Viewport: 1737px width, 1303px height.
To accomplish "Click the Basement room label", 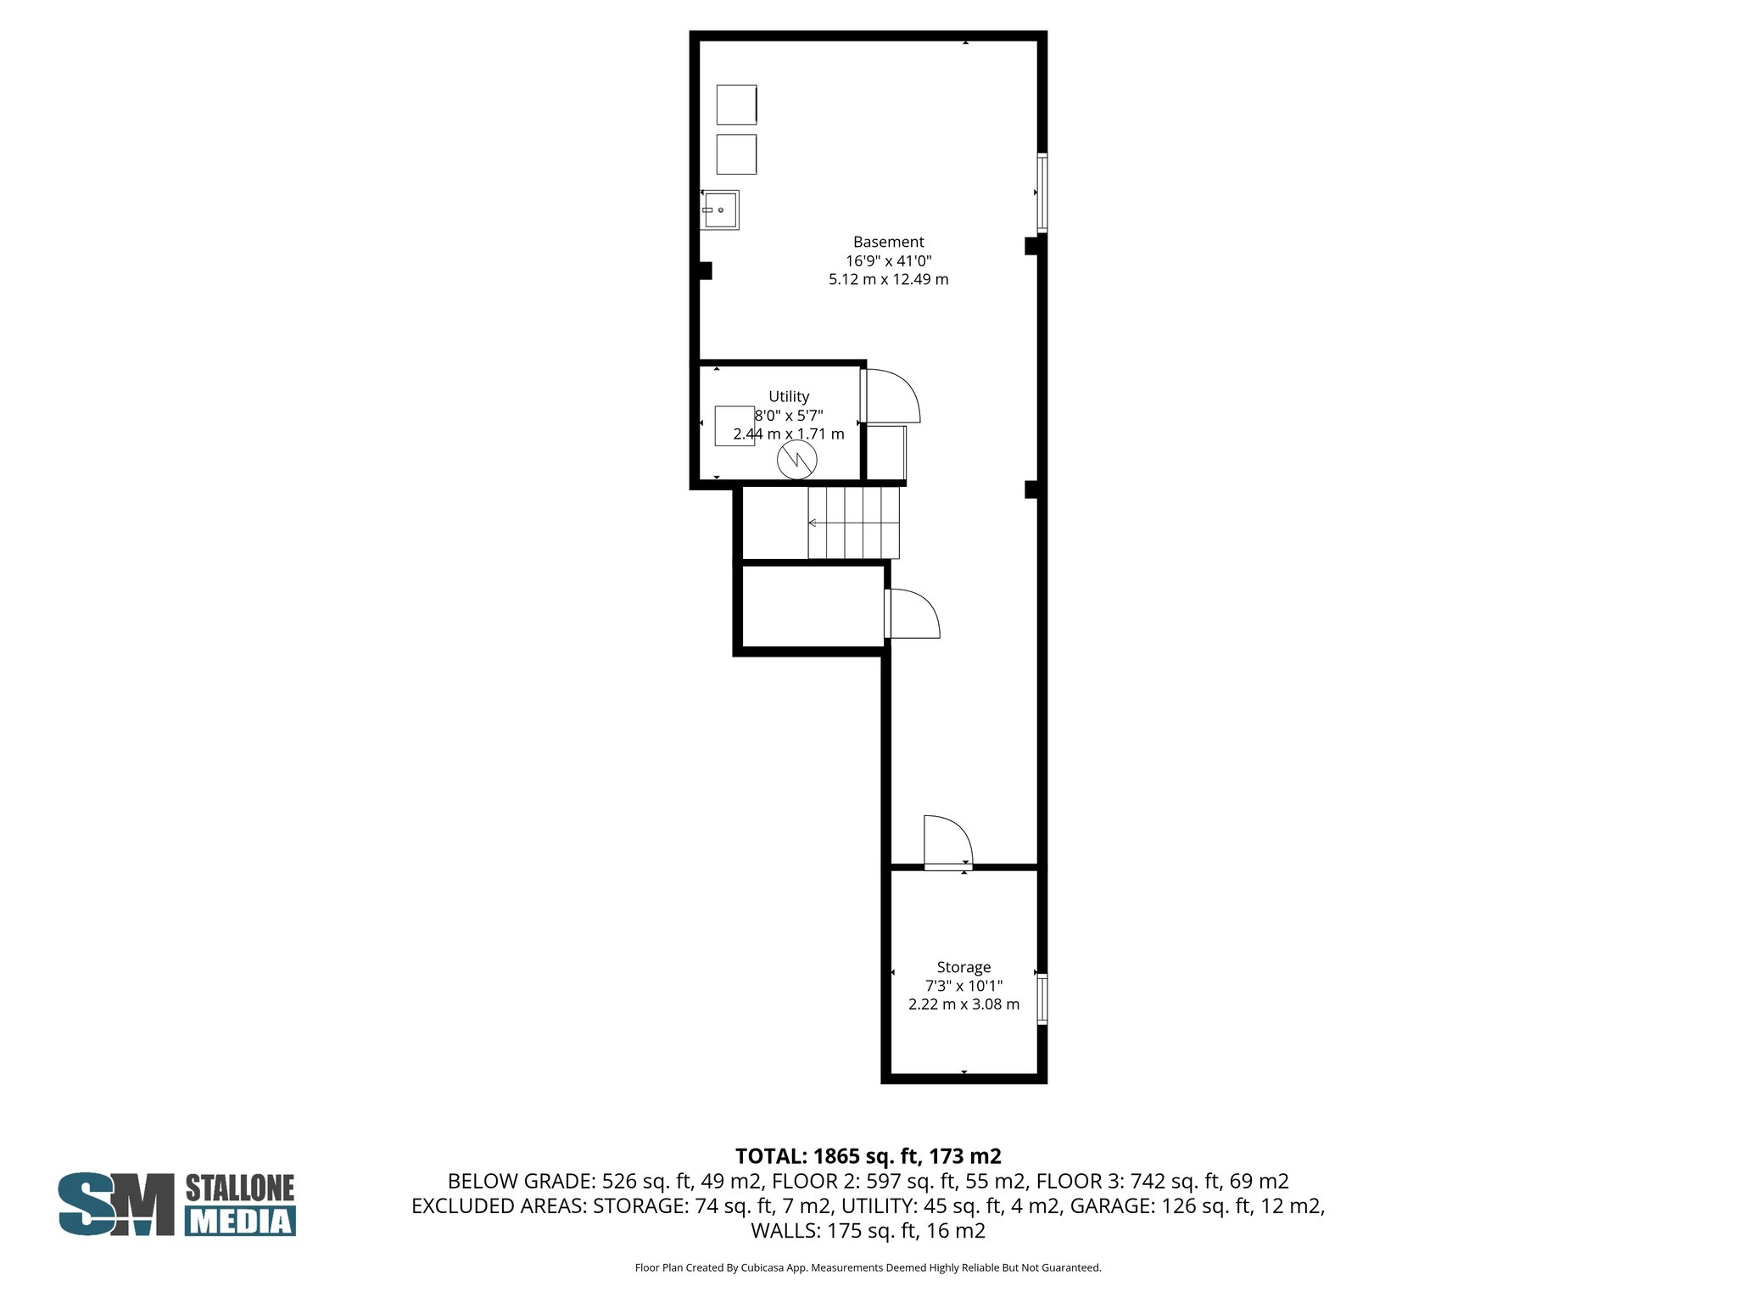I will click(888, 242).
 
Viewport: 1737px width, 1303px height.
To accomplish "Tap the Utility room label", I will click(788, 396).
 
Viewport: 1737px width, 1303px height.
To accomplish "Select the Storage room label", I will click(963, 967).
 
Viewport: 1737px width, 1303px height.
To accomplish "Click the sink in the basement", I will click(720, 210).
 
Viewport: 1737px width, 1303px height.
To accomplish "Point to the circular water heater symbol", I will click(797, 460).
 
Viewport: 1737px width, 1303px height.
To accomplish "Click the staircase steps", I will click(852, 523).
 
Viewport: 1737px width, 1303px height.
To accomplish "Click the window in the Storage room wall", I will click(1042, 999).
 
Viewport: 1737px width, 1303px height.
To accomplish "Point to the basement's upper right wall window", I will click(1042, 193).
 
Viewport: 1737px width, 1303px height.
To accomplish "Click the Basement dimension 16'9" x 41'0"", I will click(888, 260).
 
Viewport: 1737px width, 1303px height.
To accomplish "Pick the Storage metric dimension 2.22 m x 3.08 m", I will click(963, 1004).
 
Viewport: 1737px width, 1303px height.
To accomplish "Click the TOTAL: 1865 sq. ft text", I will click(868, 1155).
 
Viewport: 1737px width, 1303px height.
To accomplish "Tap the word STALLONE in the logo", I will click(239, 1188).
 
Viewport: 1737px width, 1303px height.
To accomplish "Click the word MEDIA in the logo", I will click(240, 1221).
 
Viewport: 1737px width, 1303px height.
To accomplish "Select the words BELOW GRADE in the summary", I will click(520, 1181).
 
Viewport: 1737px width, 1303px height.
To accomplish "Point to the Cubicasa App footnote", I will click(868, 1267).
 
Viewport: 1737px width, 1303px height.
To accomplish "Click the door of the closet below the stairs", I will click(912, 614).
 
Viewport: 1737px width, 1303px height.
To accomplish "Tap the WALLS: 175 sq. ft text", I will click(868, 1230).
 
